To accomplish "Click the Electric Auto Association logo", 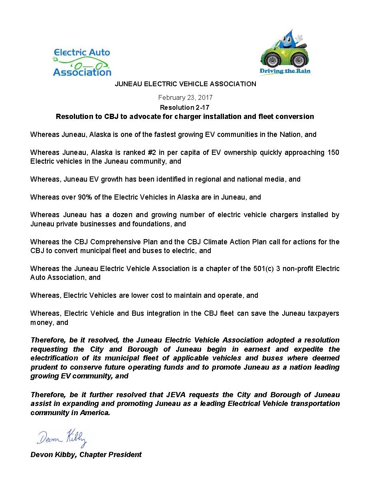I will click(82, 62).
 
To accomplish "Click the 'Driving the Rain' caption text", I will click(285, 71).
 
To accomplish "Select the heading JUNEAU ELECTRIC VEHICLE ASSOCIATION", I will click(185, 84).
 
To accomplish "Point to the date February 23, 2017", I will click(185, 97).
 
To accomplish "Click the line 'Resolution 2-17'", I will click(184, 107).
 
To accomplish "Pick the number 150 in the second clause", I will click(333, 152).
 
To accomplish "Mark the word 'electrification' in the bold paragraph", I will click(54, 358).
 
